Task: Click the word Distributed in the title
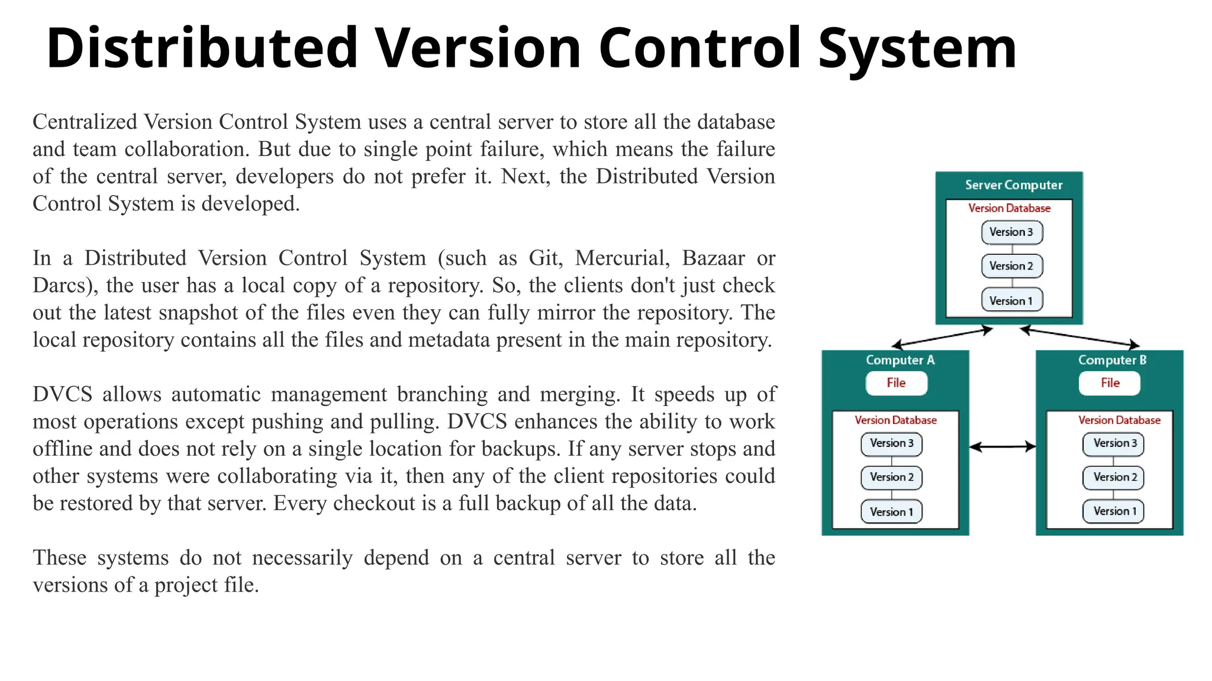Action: point(202,48)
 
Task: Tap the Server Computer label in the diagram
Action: point(1013,185)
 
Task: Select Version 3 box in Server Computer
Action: point(1011,232)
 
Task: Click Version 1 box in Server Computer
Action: point(1011,301)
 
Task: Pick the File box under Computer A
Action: point(896,383)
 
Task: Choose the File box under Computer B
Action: point(1110,383)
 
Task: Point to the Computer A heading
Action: point(900,360)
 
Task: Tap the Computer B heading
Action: point(1112,360)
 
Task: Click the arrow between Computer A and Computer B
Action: point(1003,447)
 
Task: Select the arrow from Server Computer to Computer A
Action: point(942,338)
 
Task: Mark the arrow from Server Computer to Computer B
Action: point(1080,337)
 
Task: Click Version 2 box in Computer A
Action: point(891,478)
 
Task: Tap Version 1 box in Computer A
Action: point(891,512)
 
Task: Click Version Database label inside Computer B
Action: point(1118,420)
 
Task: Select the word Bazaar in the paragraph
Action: point(713,258)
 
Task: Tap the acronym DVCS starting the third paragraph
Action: point(62,394)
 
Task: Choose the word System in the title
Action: point(917,48)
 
